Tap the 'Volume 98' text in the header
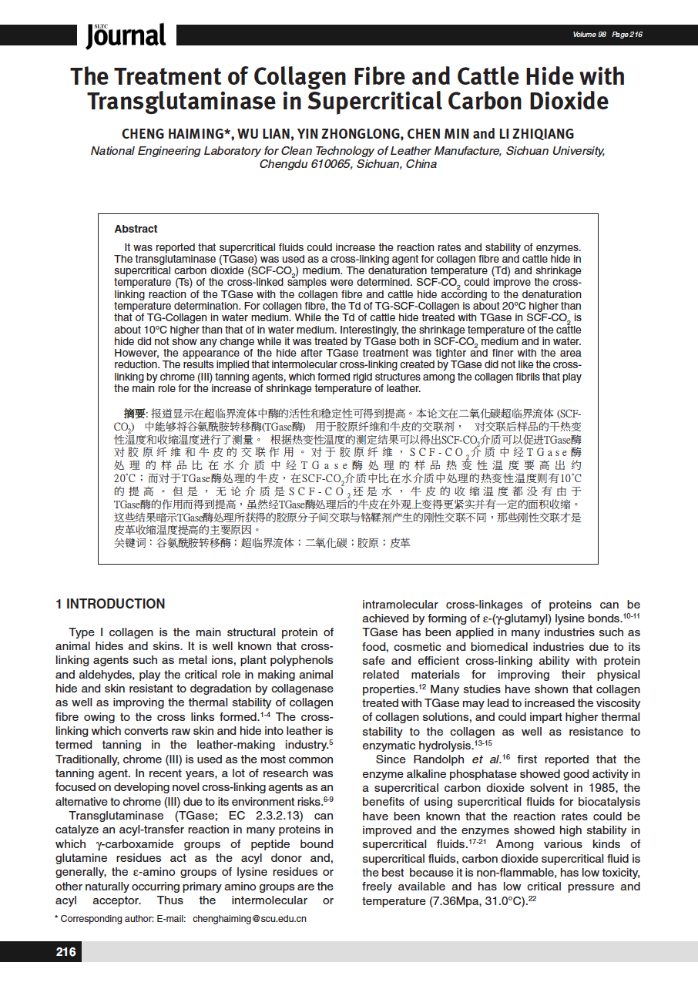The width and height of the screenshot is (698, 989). pos(589,35)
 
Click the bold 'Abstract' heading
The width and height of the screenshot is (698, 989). pos(136,229)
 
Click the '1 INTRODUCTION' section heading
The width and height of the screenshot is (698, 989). pos(110,604)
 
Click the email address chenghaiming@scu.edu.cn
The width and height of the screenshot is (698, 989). pos(250,919)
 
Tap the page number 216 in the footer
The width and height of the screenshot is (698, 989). pos(66,952)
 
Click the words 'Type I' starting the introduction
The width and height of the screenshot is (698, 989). pos(86,632)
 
